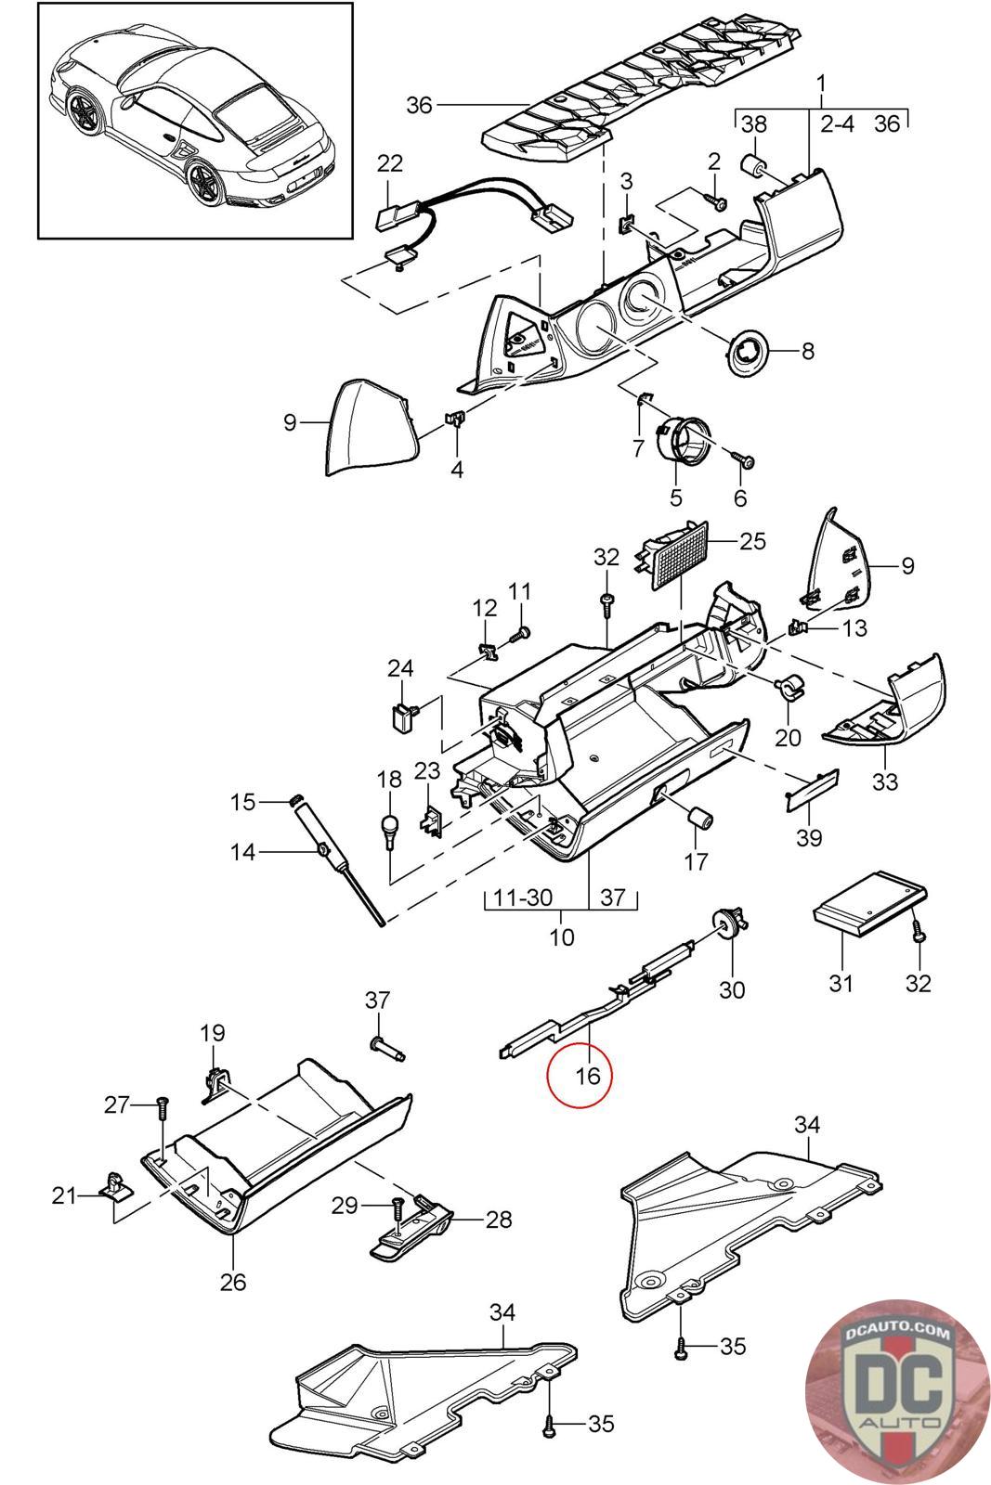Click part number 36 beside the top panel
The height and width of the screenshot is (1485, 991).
420,105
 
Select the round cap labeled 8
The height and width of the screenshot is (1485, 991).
749,352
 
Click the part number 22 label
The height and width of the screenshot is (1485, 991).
390,163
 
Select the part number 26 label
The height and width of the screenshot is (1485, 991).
233,1281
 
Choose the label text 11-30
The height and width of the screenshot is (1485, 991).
524,897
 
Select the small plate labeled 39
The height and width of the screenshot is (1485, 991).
814,788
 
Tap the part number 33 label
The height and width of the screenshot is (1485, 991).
884,781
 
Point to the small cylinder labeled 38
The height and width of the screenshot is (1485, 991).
752,167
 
